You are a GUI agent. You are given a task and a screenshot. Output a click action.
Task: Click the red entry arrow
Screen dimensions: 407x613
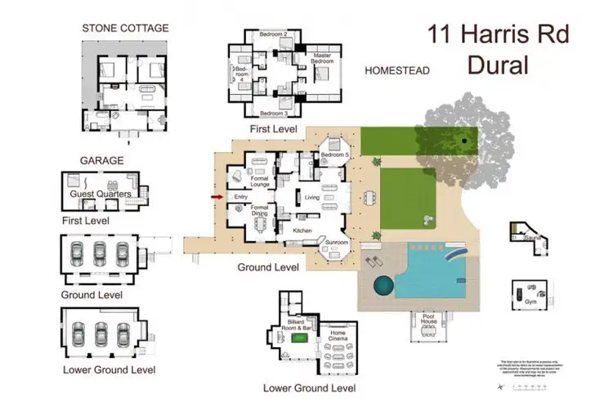pos(217,197)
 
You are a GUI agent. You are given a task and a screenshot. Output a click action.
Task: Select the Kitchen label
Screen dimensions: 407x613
pos(303,231)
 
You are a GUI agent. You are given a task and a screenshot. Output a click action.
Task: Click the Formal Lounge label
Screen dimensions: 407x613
pos(259,181)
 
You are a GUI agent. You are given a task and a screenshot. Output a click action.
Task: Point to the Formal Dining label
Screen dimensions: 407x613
pos(259,212)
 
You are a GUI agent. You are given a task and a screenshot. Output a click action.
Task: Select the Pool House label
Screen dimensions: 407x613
pos(430,319)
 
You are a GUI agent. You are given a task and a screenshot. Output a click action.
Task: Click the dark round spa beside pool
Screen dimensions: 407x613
pos(383,286)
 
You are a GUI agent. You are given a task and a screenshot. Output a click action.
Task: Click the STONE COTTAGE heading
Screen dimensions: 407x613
pos(125,28)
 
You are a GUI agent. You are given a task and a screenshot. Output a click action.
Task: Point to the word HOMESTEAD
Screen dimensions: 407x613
pos(397,71)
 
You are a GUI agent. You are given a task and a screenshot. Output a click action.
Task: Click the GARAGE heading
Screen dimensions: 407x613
pos(101,161)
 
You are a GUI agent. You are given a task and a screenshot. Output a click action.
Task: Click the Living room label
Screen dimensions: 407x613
pos(311,198)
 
